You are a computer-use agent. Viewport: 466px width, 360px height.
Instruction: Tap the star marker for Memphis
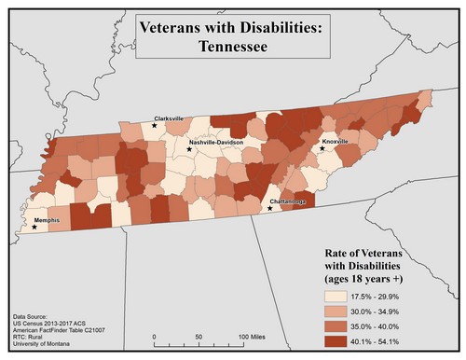[x=34, y=227]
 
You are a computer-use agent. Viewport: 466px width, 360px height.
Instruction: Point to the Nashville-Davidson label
[x=216, y=143]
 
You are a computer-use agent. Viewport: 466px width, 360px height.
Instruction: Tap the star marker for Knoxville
[x=322, y=148]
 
